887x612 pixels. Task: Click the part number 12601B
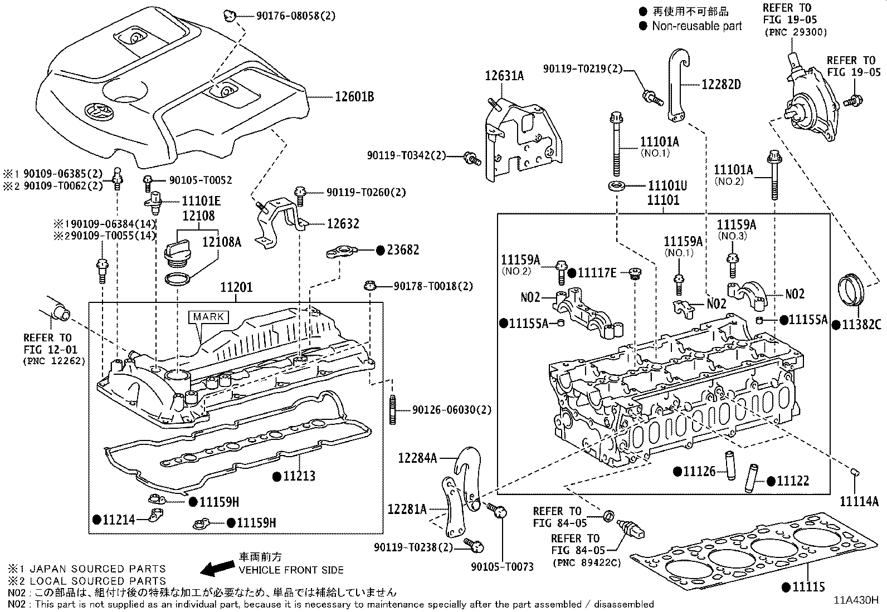(x=354, y=97)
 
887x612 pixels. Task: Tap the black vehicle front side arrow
(x=217, y=567)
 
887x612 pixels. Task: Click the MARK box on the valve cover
(x=209, y=317)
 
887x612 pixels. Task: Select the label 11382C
(x=861, y=325)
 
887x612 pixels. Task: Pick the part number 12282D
(x=721, y=84)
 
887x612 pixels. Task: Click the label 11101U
(x=667, y=185)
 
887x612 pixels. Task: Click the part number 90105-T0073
(x=502, y=567)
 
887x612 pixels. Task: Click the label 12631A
(x=504, y=76)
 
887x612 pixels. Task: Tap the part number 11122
(x=793, y=481)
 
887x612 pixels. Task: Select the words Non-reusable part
(x=696, y=26)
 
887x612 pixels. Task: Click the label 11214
(x=118, y=520)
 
